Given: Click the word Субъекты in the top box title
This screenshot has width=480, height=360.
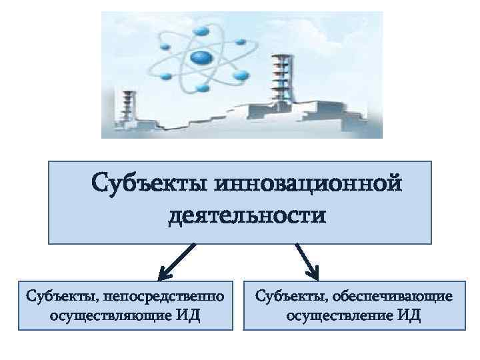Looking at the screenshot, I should pyautogui.click(x=149, y=182).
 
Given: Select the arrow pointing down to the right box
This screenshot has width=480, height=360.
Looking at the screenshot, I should pyautogui.click(x=307, y=261).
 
